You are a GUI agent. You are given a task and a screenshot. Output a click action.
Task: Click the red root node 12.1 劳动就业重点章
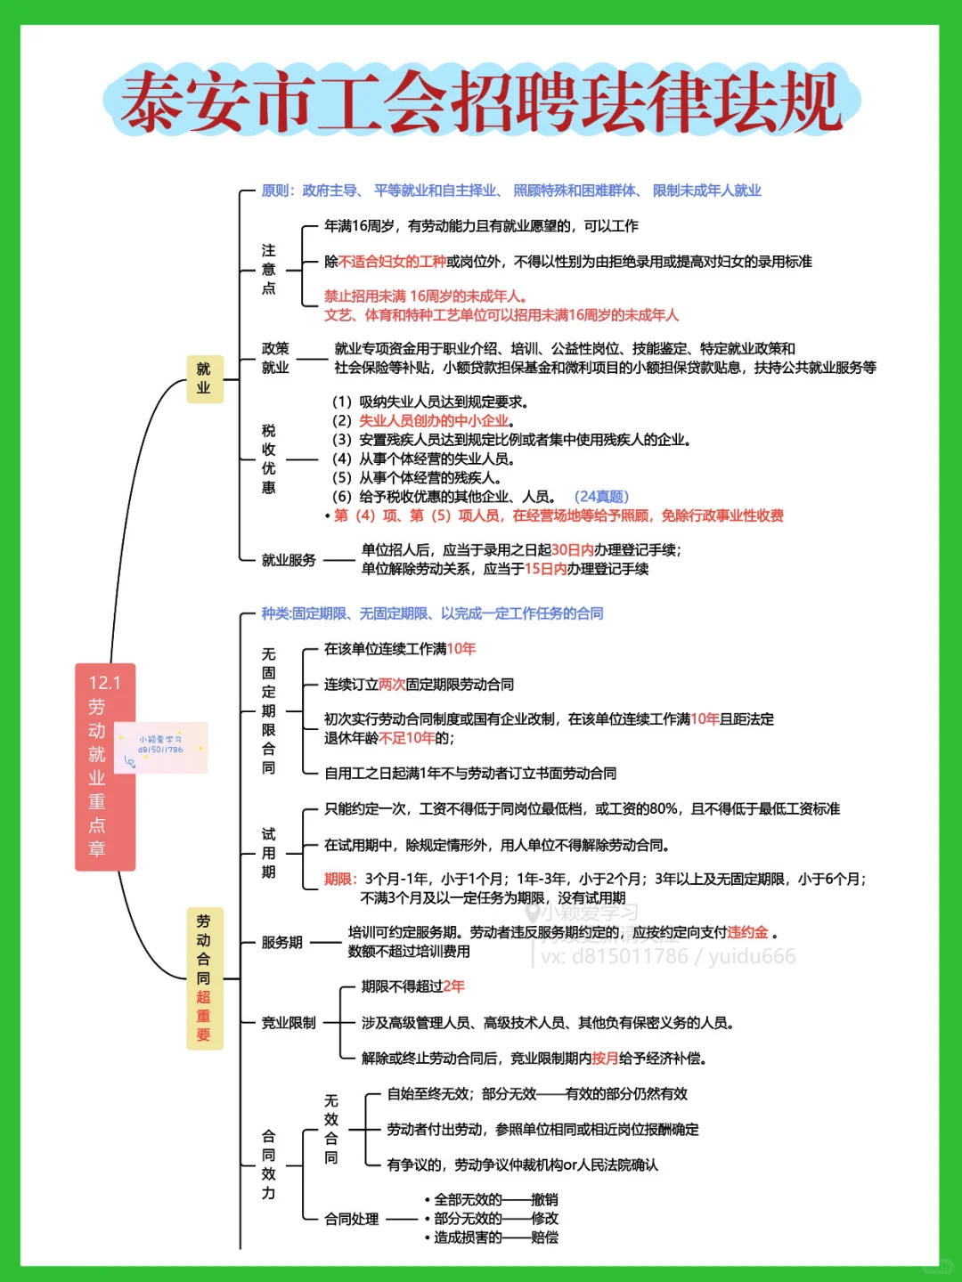(x=105, y=766)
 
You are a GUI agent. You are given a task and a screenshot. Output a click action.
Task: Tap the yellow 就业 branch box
(x=204, y=378)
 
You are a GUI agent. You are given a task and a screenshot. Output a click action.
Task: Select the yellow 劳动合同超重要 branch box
(x=204, y=978)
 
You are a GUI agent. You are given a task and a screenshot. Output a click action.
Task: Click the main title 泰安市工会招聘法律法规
(x=481, y=101)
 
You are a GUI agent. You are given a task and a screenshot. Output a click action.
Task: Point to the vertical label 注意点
(x=268, y=269)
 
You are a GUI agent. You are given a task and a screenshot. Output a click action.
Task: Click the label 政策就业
(x=275, y=358)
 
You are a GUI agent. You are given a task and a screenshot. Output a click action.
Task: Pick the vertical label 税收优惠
(x=268, y=458)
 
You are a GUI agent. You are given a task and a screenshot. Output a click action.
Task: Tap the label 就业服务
(x=289, y=560)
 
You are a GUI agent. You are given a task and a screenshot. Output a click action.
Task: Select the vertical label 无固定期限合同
(x=268, y=710)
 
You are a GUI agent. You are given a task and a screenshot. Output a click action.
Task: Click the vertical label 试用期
(x=268, y=853)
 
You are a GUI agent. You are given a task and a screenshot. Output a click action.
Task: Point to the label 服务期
(x=281, y=942)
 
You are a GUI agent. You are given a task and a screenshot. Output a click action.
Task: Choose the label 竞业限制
(x=289, y=1023)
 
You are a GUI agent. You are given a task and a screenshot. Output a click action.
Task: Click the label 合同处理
(x=351, y=1219)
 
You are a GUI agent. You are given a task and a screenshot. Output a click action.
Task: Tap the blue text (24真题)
(x=601, y=496)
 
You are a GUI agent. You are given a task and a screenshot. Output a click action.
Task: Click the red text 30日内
(x=572, y=550)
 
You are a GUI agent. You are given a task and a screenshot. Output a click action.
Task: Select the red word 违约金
(x=747, y=932)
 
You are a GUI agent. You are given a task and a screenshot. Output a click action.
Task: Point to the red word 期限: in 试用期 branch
(x=340, y=879)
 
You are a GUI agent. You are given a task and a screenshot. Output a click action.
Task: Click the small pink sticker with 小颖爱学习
(x=161, y=747)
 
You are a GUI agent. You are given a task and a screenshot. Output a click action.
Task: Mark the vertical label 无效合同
(x=330, y=1129)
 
